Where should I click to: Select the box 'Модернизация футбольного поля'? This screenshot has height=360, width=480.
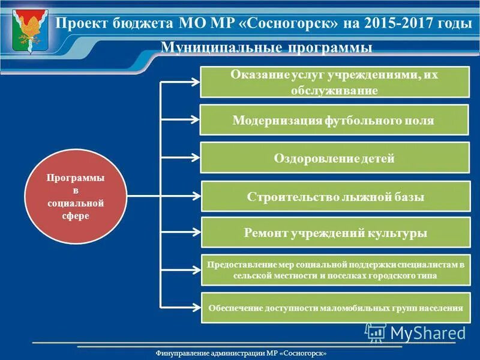[x=334, y=120]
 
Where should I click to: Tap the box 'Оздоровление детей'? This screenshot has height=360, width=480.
[x=334, y=158]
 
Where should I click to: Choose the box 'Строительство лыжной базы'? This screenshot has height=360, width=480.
[x=335, y=196]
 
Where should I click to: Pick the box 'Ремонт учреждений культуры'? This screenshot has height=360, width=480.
[x=335, y=233]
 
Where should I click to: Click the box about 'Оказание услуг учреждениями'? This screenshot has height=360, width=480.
[x=334, y=82]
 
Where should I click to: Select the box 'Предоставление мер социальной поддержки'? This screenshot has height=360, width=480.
[x=335, y=270]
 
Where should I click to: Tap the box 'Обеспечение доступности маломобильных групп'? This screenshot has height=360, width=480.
[x=335, y=308]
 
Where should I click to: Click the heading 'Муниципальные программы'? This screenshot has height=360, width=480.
[x=267, y=48]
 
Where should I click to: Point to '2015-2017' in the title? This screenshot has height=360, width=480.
[x=396, y=23]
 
